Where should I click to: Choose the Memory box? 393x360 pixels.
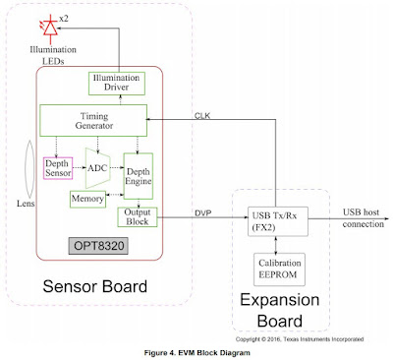(86, 199)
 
